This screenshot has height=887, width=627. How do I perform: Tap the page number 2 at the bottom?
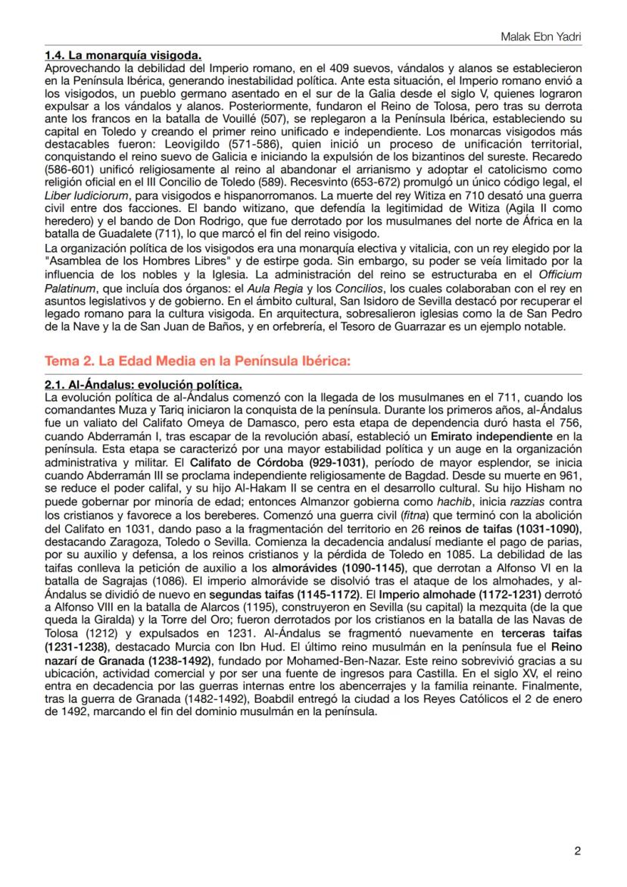point(577,851)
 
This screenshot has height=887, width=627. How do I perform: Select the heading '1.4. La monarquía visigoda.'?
point(123,56)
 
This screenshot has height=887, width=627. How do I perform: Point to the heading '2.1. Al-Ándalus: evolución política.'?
point(143,386)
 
